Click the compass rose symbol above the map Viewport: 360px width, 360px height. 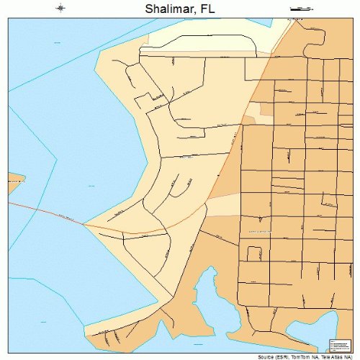click(60, 9)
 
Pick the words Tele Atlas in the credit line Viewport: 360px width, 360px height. click(333, 356)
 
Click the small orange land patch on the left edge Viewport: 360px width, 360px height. click(14, 178)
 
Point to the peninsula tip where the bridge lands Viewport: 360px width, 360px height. click(86, 224)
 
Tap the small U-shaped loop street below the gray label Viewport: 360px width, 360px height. click(253, 254)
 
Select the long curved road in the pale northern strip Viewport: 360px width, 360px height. click(194, 52)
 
